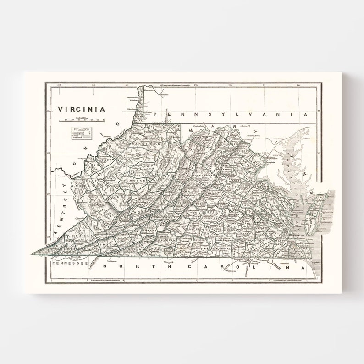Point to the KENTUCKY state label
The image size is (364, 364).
(61, 209)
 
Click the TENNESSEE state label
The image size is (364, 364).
(70, 264)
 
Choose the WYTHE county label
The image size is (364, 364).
(123, 238)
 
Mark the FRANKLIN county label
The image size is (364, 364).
(164, 239)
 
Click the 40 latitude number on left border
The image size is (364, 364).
(48, 110)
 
